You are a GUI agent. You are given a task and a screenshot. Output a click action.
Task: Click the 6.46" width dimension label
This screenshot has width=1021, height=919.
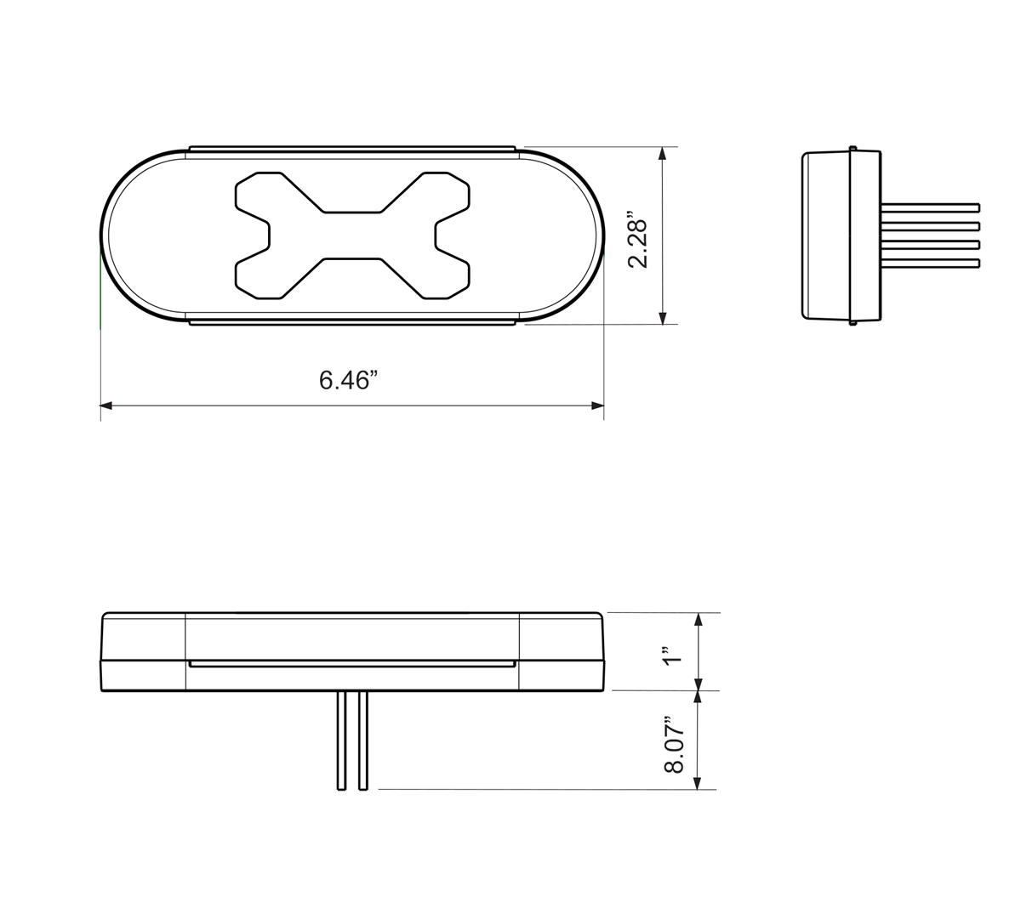coord(347,380)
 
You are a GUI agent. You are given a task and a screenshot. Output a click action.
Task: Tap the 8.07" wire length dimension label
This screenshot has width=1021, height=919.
coord(674,745)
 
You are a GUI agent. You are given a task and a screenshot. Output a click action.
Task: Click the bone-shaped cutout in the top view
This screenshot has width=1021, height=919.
coord(352,235)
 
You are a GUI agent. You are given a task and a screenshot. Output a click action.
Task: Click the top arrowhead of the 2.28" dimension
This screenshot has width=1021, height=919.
coord(663,154)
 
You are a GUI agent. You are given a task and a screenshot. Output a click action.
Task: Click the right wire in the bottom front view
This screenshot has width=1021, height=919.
coord(363,740)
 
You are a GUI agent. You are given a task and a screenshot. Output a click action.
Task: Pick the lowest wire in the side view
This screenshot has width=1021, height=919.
coord(931,264)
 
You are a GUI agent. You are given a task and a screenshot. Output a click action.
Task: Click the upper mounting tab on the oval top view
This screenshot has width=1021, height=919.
coord(352,150)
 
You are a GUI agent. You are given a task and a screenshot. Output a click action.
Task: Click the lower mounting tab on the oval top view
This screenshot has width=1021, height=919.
coord(352,321)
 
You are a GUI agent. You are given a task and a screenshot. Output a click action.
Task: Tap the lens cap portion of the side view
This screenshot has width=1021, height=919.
coord(826,235)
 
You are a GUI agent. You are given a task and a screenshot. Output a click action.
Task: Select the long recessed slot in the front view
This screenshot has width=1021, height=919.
coord(352,664)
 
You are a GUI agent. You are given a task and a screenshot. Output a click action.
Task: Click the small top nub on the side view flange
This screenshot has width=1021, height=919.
coord(853,148)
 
